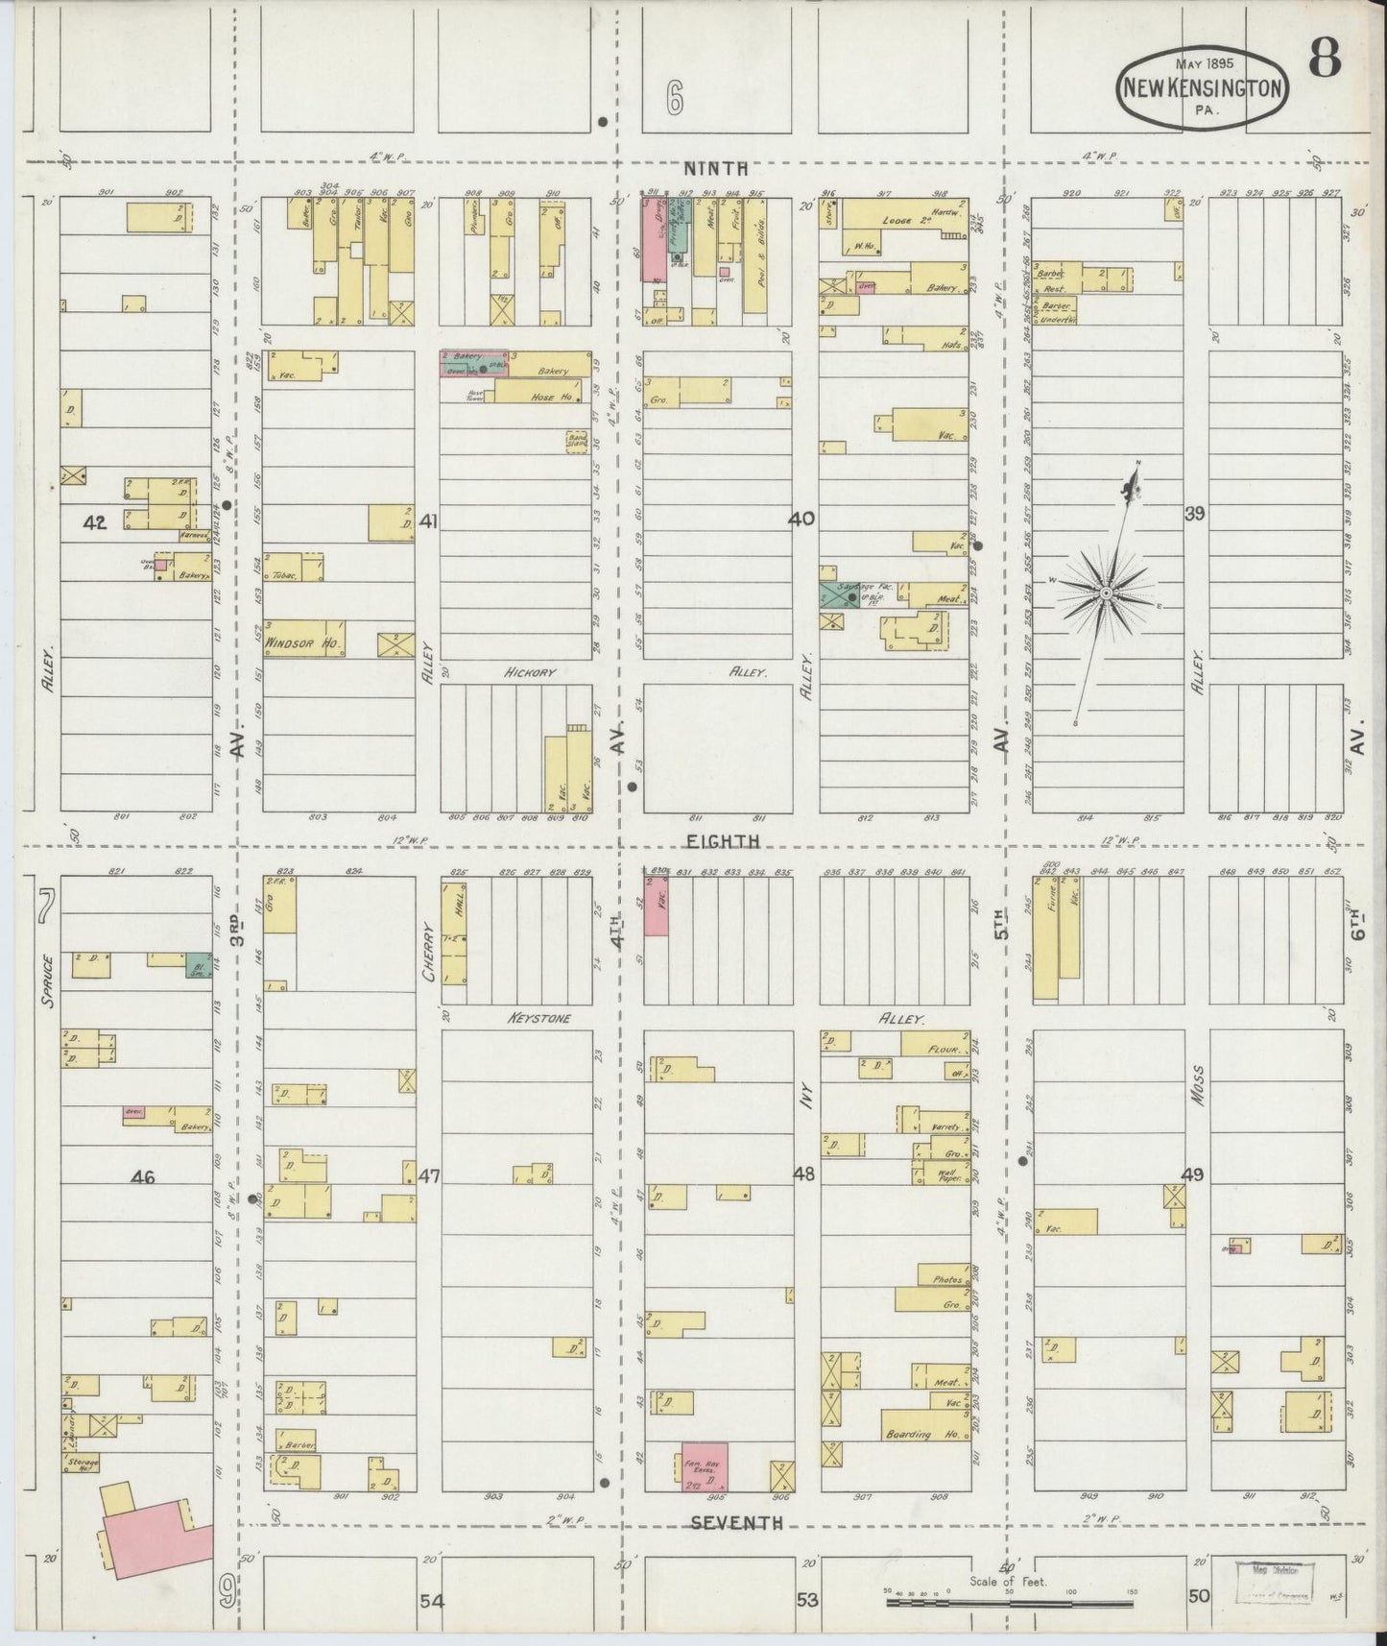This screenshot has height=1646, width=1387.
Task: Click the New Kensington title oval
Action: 1202,88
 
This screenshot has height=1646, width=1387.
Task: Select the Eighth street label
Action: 723,841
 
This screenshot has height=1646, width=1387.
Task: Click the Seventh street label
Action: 736,1523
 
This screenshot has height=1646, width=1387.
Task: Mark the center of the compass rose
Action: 1107,593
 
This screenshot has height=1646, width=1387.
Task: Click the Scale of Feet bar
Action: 1008,1602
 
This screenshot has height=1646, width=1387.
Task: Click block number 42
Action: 95,522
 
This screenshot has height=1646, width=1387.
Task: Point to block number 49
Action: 1192,1174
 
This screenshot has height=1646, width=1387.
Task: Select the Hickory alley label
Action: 530,673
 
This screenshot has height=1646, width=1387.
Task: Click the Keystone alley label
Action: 538,1018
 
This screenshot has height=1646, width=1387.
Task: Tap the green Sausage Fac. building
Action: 839,593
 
